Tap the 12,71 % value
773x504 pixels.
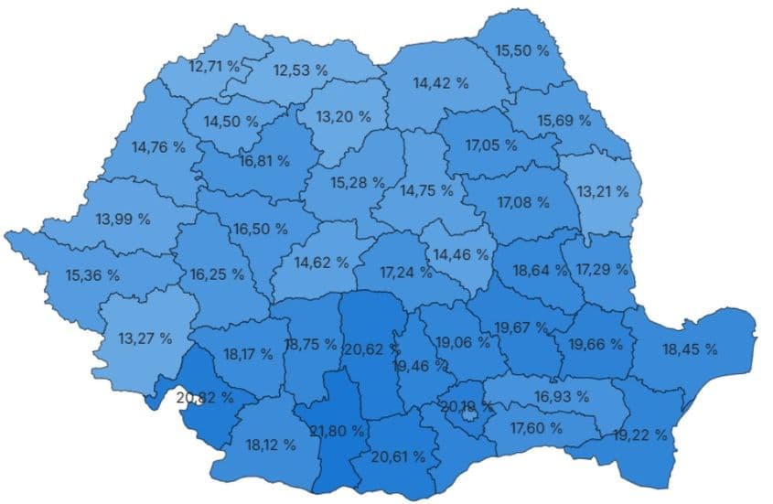214,67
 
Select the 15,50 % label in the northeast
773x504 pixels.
522,50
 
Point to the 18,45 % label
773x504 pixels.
690,349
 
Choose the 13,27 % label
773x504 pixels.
145,338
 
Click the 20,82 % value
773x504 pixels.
205,398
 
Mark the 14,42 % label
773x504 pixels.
441,83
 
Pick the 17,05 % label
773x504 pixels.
491,145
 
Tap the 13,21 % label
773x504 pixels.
603,191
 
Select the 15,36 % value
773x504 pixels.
92,274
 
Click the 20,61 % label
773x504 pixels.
398,456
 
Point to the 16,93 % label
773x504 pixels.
562,396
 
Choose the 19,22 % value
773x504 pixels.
640,434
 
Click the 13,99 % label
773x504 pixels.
123,220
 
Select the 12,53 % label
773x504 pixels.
300,70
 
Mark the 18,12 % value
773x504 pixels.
271,445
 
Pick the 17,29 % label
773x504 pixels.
603,270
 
